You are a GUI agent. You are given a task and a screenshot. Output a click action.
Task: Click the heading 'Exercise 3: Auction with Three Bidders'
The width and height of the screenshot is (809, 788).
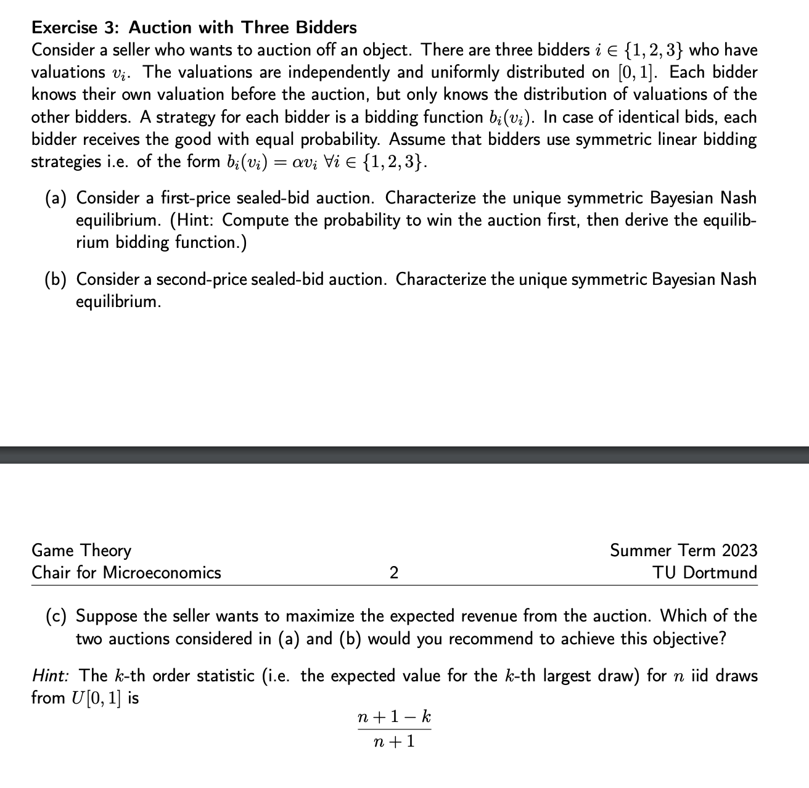194,27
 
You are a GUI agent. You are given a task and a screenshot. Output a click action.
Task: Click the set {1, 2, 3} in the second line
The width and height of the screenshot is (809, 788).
651,50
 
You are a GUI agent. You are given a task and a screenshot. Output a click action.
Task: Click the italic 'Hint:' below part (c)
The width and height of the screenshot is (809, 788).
50,676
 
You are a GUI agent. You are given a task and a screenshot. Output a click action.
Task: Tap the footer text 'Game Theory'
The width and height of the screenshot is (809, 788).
81,550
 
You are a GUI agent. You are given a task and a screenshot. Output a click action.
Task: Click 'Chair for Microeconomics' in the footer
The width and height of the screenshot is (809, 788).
126,572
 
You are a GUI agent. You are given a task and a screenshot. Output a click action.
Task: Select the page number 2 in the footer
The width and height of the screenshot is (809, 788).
394,572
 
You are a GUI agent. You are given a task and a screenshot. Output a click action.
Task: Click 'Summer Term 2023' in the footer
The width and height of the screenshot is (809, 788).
683,550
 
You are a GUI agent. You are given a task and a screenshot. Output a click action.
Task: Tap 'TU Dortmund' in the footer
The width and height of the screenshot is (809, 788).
705,572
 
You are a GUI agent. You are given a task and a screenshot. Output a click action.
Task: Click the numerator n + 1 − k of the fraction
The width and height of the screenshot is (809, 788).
394,717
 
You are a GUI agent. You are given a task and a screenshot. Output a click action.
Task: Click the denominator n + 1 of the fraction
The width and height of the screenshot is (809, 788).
394,741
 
